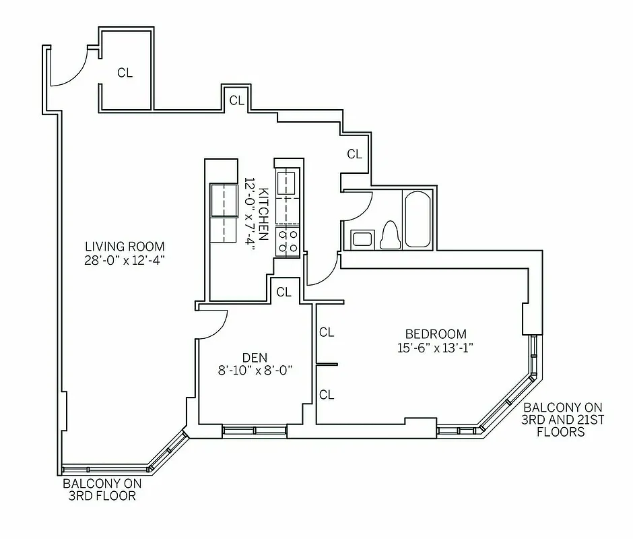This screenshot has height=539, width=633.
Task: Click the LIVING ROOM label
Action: pyautogui.click(x=125, y=246)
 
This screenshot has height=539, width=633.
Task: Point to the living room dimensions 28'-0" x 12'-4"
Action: pyautogui.click(x=125, y=260)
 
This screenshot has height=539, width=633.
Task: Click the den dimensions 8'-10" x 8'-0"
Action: pyautogui.click(x=256, y=370)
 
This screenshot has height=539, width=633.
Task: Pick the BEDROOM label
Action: pyautogui.click(x=435, y=334)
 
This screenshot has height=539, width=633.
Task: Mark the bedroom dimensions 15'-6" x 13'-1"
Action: pyautogui.click(x=435, y=348)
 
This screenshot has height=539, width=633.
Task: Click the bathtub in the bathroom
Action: pyautogui.click(x=418, y=220)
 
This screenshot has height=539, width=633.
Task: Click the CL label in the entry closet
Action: pyautogui.click(x=125, y=73)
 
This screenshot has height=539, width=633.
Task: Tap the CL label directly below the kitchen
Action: pyautogui.click(x=284, y=292)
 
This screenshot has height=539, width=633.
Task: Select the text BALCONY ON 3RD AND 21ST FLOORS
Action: pyautogui.click(x=562, y=420)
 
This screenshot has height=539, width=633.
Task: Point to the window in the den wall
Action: pyautogui.click(x=255, y=430)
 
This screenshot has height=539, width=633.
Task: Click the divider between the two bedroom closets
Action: pyautogui.click(x=327, y=364)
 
